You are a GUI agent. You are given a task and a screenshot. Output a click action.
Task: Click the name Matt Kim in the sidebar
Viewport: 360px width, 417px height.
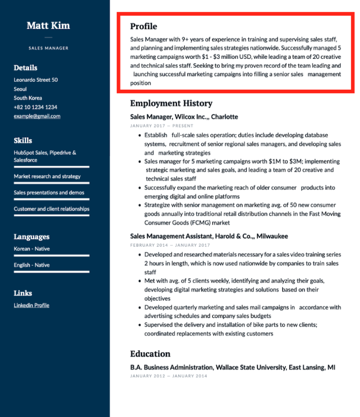click(x=48, y=26)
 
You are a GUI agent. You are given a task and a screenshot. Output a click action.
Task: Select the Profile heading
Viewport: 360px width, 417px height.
click(x=143, y=27)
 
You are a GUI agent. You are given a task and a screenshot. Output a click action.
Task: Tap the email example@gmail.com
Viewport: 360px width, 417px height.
click(x=37, y=116)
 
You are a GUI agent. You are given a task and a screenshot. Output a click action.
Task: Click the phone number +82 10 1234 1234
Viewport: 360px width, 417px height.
click(x=35, y=107)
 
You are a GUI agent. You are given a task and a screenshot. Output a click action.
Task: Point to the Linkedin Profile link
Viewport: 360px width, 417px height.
click(x=31, y=305)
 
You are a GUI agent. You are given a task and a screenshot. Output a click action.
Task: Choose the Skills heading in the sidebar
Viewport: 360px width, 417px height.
click(x=23, y=140)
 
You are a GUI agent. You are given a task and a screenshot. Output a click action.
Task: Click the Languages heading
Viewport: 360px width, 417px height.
click(x=32, y=237)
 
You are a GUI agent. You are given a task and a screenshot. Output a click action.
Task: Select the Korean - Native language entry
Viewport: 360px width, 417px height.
click(x=32, y=249)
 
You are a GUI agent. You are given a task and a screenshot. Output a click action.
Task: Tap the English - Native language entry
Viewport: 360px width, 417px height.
click(x=32, y=265)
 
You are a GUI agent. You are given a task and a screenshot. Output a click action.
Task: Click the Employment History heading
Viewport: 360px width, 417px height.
click(x=171, y=103)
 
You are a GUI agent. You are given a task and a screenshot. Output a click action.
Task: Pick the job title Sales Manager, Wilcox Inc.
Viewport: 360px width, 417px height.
click(x=184, y=117)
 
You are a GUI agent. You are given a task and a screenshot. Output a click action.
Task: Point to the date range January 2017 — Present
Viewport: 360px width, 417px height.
click(x=161, y=126)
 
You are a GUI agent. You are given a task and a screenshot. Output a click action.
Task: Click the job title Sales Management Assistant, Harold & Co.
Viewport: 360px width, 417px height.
click(x=209, y=236)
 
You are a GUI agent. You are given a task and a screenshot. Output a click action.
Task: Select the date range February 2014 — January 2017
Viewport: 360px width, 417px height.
click(x=170, y=245)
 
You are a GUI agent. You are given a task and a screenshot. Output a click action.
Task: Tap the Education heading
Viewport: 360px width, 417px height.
click(x=150, y=353)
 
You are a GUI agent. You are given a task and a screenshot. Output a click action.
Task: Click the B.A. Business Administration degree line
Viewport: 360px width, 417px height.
click(x=233, y=367)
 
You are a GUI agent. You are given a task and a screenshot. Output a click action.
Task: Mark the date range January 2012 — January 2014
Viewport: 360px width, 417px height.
click(x=169, y=376)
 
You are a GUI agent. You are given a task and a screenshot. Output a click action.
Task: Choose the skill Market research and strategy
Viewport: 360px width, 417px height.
click(x=47, y=176)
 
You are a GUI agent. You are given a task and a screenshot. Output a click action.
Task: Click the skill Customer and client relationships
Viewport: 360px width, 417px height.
click(x=52, y=208)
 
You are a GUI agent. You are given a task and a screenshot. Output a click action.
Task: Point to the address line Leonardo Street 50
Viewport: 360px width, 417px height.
click(x=35, y=80)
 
